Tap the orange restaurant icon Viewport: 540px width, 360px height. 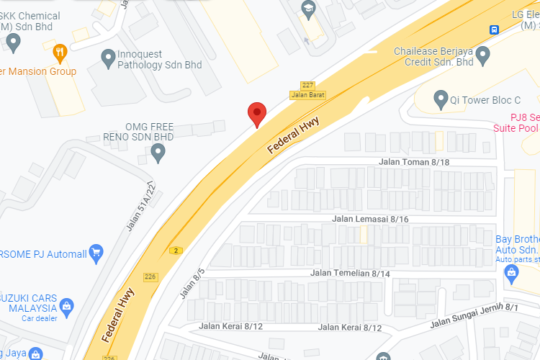60,51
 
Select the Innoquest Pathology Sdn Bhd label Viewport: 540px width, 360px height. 151,60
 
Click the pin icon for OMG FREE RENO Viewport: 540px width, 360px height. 158,152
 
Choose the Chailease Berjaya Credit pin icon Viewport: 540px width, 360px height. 483,54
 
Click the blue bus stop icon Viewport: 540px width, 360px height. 494,30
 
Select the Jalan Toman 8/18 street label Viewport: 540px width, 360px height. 414,163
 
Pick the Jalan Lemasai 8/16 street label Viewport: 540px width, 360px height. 370,218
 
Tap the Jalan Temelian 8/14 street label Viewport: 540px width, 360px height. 350,274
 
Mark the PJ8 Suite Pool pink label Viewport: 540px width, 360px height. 516,122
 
